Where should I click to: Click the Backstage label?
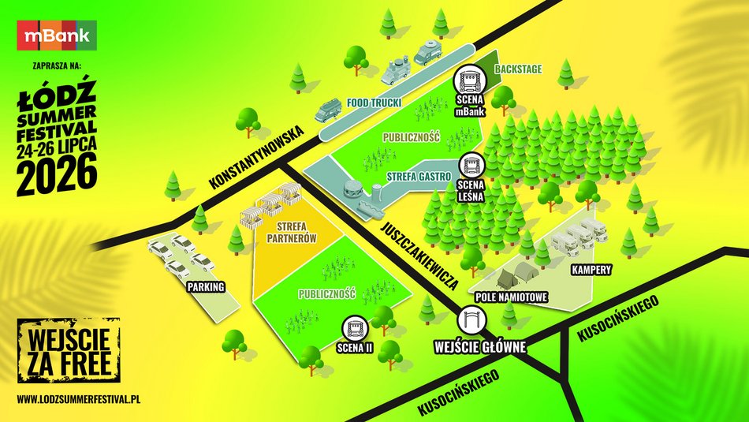(518, 69)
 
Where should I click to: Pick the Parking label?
(207, 286)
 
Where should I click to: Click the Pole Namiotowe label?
(512, 297)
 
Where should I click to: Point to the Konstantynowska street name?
(257, 158)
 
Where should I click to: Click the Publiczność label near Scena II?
(327, 294)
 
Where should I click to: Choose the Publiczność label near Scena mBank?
(411, 136)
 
